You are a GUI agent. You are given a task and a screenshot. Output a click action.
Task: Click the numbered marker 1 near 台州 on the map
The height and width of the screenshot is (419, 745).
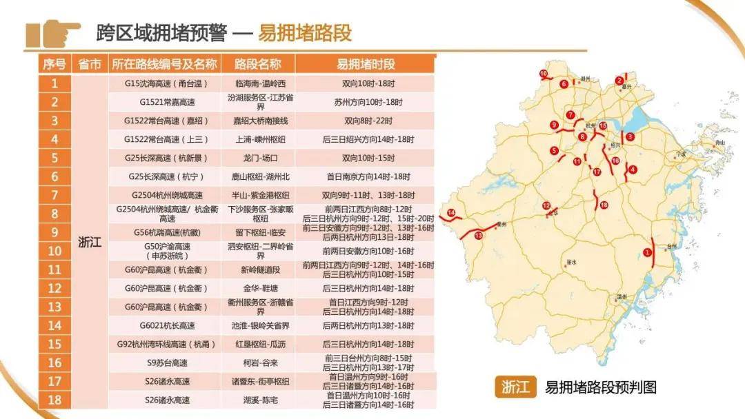click(647, 253)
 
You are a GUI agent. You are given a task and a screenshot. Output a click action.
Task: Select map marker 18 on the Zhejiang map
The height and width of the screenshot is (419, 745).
click(604, 205)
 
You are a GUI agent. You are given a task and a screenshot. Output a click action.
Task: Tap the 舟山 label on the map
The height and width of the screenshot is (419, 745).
click(721, 143)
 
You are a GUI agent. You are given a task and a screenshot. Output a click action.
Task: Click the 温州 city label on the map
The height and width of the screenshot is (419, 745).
click(622, 297)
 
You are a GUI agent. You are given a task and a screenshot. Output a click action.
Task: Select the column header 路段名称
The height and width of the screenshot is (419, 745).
click(257, 64)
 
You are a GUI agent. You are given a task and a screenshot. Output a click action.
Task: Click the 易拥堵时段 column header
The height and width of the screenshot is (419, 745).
click(365, 64)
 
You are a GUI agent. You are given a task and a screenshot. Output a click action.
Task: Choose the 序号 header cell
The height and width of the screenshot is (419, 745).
click(54, 64)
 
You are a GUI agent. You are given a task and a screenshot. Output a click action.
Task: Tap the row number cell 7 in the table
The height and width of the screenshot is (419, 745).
click(55, 195)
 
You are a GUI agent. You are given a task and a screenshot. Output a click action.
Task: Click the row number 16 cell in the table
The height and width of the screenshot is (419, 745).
click(55, 362)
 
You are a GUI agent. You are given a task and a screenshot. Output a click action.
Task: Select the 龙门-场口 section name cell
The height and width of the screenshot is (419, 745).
click(257, 158)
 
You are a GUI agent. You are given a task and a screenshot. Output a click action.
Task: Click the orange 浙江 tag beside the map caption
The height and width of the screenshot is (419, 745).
click(515, 387)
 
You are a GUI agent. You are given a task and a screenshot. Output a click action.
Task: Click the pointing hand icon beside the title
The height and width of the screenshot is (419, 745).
click(53, 33)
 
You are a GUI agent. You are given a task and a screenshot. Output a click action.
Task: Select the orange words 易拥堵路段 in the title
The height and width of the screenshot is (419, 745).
click(304, 32)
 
